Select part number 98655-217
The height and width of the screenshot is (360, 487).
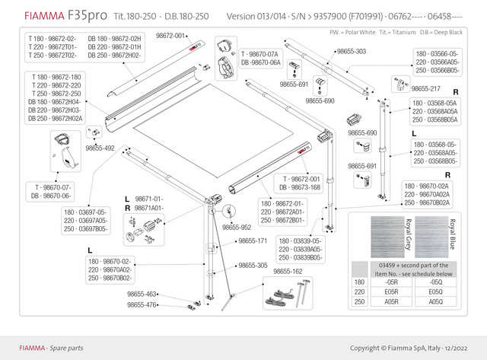click(425, 88)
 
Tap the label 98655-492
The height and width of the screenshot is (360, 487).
click(99, 148)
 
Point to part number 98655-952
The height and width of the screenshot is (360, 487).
click(237, 227)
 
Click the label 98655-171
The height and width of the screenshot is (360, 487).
click(252, 241)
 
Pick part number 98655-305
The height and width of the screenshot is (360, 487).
click(252, 266)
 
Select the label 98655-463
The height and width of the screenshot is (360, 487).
click(142, 294)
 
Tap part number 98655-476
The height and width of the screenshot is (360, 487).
click(142, 305)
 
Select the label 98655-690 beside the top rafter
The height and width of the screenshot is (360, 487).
click(320, 100)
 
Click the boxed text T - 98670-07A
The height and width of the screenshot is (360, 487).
click(261, 56)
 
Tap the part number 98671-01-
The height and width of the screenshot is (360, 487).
click(149, 199)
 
